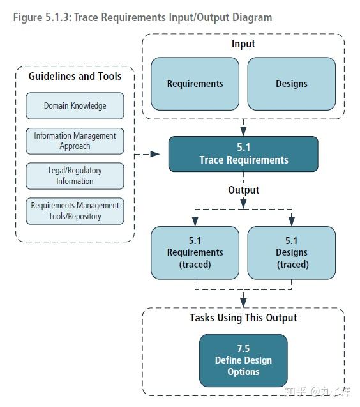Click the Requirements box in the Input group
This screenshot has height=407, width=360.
195,84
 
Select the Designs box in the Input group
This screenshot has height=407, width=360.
291,84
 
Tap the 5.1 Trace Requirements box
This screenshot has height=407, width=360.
243,154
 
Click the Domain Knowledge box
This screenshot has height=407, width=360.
75,105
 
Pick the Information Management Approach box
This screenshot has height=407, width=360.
75,141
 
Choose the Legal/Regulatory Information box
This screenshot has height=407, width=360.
75,176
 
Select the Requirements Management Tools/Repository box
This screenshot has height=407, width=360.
75,211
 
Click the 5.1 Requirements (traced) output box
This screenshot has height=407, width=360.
195,252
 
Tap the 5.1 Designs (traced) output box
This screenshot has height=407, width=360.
291,252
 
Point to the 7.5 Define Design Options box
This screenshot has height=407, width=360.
243,360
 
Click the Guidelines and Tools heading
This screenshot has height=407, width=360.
75,76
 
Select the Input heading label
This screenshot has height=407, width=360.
243,44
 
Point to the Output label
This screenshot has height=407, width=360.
243,190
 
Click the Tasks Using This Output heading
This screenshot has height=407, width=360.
243,318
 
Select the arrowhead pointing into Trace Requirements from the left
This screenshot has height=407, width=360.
155,154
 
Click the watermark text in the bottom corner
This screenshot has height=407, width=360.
321,390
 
